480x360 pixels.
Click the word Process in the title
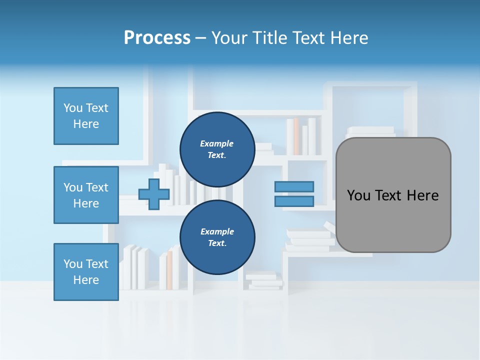click(x=157, y=37)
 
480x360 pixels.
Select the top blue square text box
click(x=86, y=116)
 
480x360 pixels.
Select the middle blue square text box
click(x=86, y=195)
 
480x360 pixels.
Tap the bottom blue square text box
click(x=86, y=272)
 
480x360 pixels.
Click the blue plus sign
click(x=154, y=194)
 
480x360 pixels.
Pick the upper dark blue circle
click(x=217, y=149)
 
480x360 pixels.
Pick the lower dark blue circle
click(x=217, y=237)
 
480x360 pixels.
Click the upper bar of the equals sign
click(x=294, y=186)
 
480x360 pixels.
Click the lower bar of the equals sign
click(x=294, y=201)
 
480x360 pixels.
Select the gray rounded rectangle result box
click(x=393, y=195)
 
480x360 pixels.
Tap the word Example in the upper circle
click(x=217, y=143)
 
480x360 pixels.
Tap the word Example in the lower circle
click(x=217, y=231)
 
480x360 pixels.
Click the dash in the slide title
click(x=200, y=38)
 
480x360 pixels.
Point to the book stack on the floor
click(x=264, y=280)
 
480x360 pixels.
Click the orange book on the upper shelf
click(x=296, y=136)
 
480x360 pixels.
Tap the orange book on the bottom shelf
click(x=169, y=270)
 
